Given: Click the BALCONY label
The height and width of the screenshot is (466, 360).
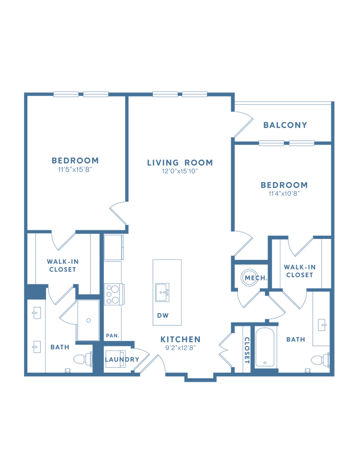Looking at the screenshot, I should click(x=285, y=125).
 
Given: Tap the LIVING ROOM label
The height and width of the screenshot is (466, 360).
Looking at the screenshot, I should click(x=180, y=162).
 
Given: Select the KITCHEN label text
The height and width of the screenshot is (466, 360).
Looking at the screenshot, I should click(x=180, y=340).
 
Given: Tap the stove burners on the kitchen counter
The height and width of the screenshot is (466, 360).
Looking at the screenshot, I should click(x=115, y=294).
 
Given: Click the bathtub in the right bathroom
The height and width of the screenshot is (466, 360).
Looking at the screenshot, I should click(x=264, y=346).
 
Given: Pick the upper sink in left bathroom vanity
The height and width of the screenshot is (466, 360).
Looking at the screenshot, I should click(x=36, y=313).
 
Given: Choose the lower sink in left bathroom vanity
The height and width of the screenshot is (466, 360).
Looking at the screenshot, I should click(x=36, y=347).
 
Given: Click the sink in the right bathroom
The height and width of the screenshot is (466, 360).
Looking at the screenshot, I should click(x=321, y=324).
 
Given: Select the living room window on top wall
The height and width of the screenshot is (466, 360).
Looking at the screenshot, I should click(x=180, y=94).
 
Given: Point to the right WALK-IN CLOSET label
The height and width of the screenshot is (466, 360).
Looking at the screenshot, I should click(x=299, y=271).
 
